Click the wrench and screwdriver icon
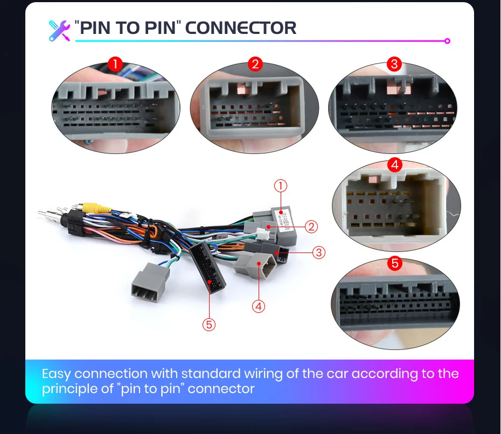click(59, 30)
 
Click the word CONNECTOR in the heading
click(241, 27)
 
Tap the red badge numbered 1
click(115, 65)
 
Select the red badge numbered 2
click(255, 65)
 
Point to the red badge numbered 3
click(394, 65)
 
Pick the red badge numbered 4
click(395, 165)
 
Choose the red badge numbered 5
click(395, 264)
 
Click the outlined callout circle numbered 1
click(280, 186)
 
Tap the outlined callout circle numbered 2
click(311, 227)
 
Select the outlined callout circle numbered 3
click(319, 252)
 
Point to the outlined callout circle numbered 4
click(259, 306)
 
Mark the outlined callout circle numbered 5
click(209, 324)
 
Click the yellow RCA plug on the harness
click(96, 207)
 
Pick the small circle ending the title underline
click(447, 41)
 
